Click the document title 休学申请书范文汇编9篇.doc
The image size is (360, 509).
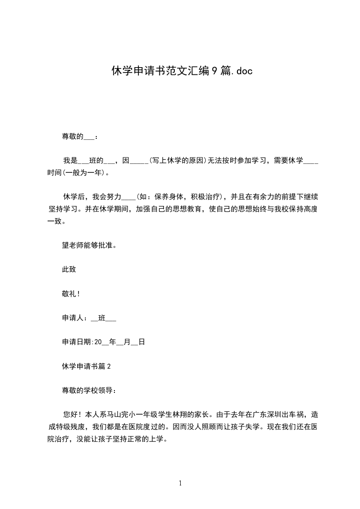point(182,71)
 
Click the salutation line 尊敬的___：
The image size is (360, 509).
point(79,137)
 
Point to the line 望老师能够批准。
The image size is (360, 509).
point(86,245)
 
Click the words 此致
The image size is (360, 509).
point(69,269)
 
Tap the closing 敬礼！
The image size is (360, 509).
point(71,294)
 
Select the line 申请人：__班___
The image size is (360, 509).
point(89,318)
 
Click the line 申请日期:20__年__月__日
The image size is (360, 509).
point(103,342)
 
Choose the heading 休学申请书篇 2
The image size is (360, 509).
point(87,367)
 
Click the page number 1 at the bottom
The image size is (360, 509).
point(180,484)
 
